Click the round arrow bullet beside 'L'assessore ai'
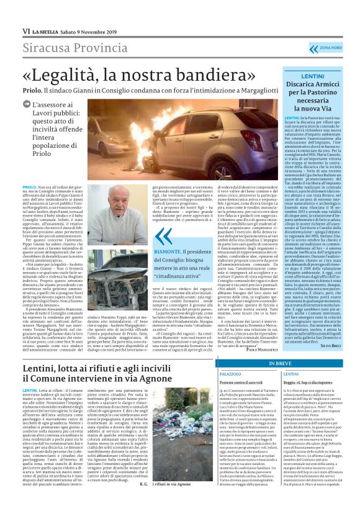(28, 106)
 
